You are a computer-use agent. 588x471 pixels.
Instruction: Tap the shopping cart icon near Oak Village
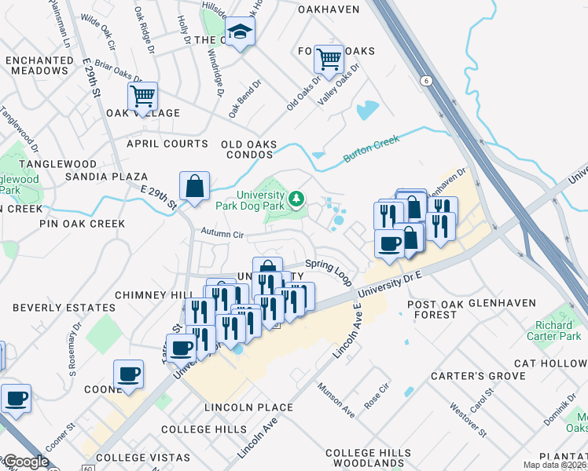tap(142, 97)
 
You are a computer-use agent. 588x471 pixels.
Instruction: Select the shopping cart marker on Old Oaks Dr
tap(329, 58)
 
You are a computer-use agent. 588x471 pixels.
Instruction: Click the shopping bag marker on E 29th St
tap(194, 187)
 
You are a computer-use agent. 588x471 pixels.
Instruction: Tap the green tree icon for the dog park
tap(296, 198)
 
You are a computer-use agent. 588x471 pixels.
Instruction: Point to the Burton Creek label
tap(371, 149)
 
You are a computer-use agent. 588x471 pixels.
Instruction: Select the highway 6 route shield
tap(425, 81)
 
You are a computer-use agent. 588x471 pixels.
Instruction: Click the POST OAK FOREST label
tap(432, 309)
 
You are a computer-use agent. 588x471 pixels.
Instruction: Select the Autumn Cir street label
tap(222, 233)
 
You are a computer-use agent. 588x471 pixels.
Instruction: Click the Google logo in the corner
tap(25, 462)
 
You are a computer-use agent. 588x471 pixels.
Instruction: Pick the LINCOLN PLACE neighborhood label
tap(248, 407)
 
